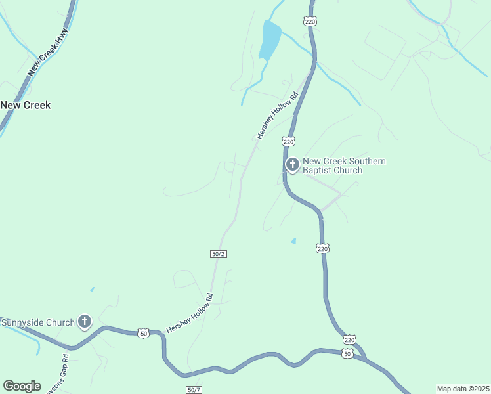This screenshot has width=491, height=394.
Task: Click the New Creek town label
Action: coord(26,105)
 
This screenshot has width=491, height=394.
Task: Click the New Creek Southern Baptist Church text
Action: coord(343,165)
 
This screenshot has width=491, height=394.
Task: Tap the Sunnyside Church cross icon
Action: coord(85,322)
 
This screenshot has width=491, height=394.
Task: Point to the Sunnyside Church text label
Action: coord(38,322)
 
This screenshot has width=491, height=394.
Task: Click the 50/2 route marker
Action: coord(219,254)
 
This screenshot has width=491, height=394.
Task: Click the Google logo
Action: coord(22,385)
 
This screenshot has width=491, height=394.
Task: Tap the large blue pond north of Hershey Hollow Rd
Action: coord(270,39)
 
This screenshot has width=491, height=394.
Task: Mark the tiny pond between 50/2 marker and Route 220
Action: coord(293,241)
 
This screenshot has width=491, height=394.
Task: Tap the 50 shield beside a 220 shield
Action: coord(348,353)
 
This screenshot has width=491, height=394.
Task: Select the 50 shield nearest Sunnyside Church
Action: coord(143,334)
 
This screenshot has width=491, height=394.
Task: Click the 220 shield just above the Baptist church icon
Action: coord(288,141)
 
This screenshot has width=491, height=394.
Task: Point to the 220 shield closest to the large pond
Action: coord(310,22)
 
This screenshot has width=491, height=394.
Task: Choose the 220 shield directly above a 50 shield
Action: coord(349,339)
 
